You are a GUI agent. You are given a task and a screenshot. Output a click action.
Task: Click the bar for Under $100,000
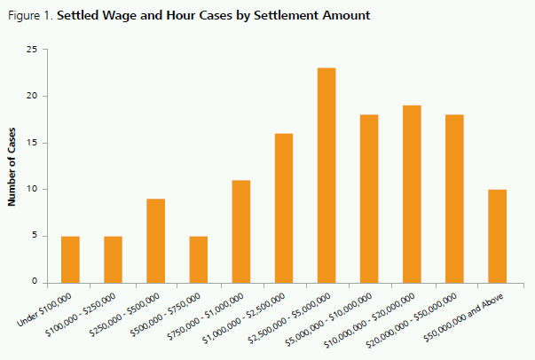point(70,259)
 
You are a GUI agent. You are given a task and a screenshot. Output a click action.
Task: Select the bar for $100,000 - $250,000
point(113,259)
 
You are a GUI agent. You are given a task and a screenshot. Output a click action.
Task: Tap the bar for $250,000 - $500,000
point(155,240)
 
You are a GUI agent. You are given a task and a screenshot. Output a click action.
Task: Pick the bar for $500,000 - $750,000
point(198,259)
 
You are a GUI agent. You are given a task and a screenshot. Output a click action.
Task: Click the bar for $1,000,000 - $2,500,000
point(284,207)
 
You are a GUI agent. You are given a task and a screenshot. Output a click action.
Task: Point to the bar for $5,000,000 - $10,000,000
point(369,199)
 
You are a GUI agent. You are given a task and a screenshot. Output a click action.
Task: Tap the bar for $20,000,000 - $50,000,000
point(454,199)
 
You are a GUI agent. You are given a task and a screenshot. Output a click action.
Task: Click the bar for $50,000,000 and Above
point(497,235)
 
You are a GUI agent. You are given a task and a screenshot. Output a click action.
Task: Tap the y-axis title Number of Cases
point(12,166)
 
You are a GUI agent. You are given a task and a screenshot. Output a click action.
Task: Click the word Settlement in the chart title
point(263,15)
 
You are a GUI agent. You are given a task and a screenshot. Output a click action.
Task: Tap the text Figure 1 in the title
point(28,15)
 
